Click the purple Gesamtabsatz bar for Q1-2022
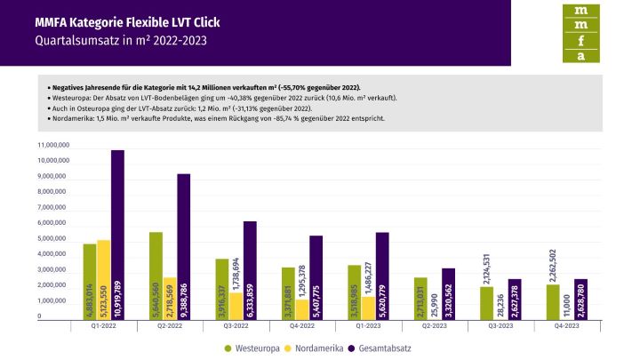pos(117,235)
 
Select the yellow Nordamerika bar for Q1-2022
pos(103,279)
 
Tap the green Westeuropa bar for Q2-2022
pos(156,276)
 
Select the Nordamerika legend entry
pos(319,348)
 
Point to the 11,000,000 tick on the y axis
pos(53,144)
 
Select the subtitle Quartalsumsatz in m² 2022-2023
pos(110,41)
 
